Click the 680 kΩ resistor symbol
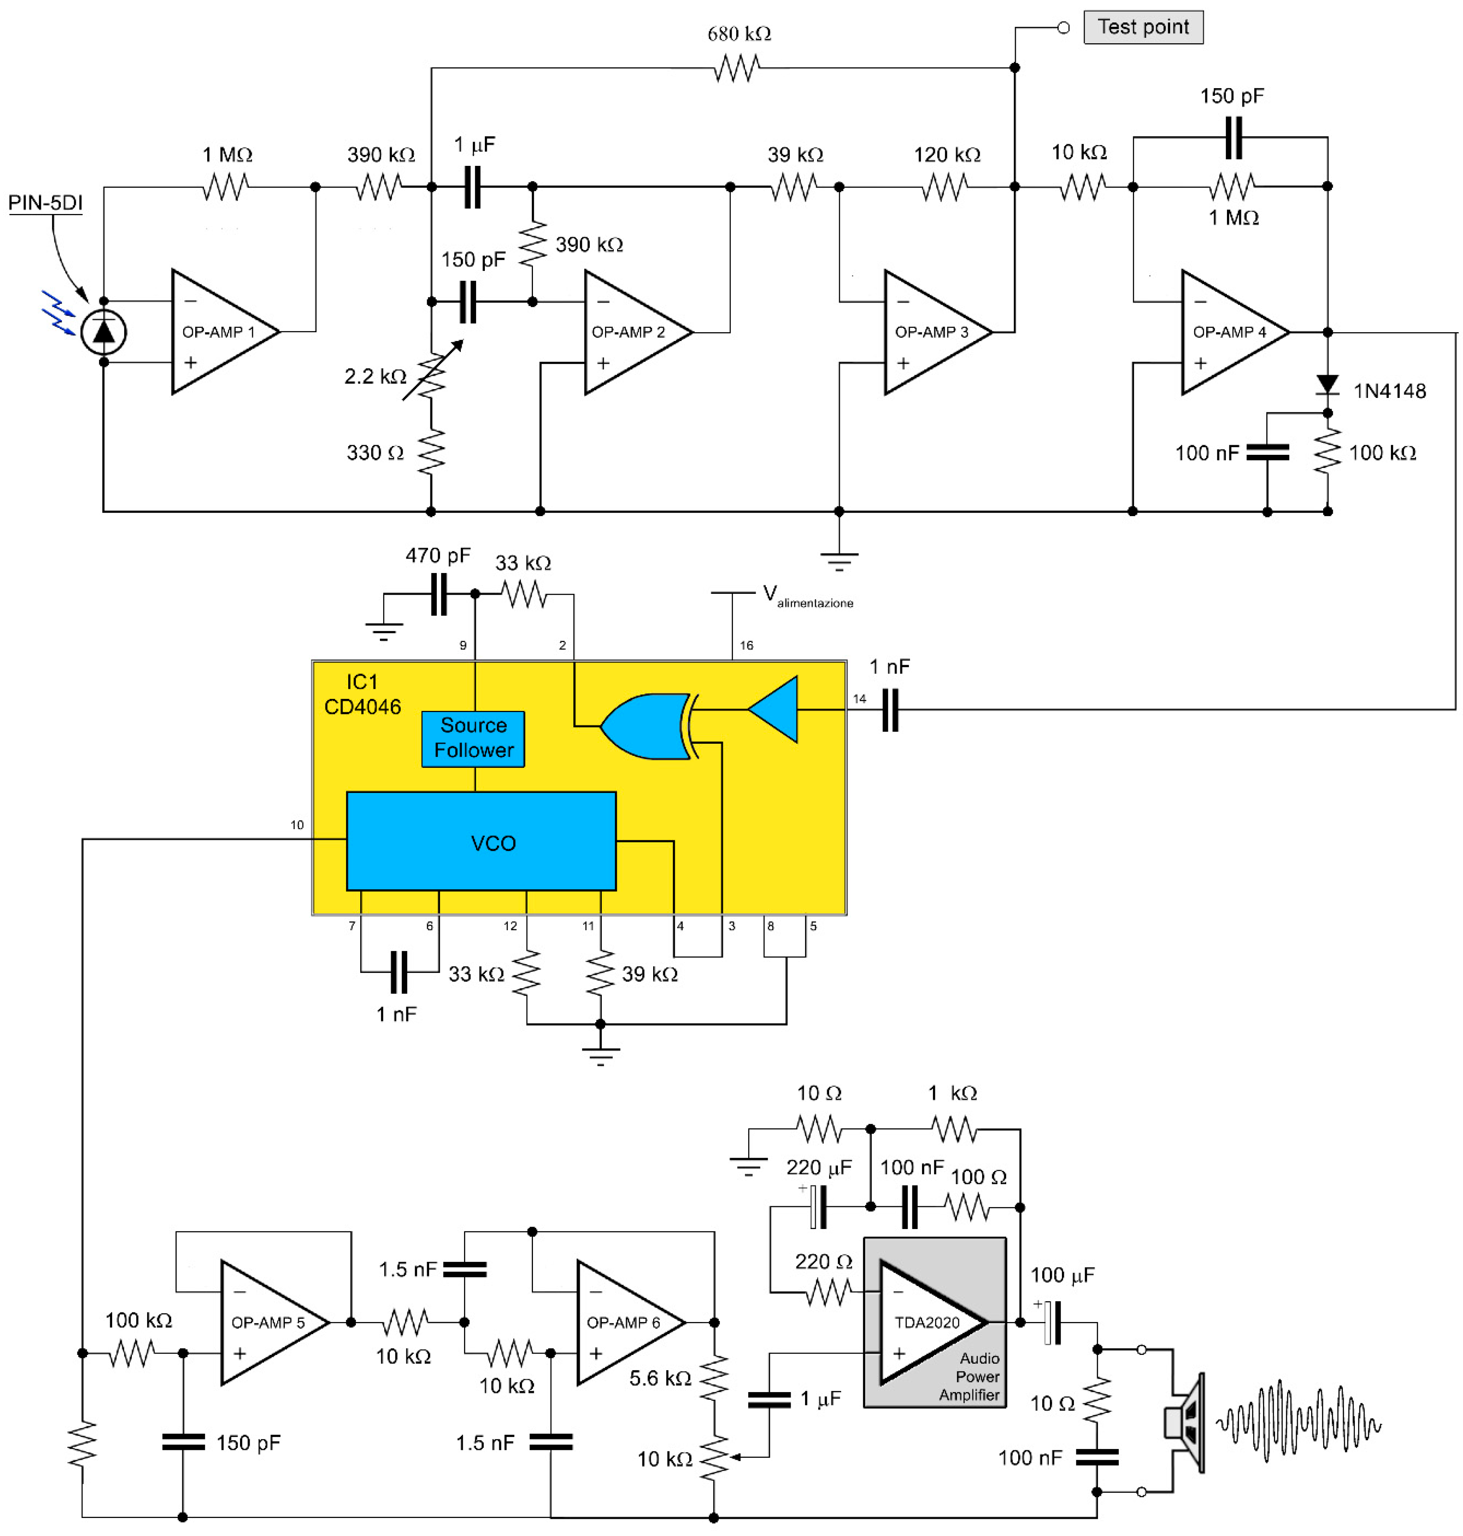coord(736,69)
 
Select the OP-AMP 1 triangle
coord(222,332)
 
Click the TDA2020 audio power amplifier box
coord(934,1322)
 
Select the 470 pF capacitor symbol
coord(439,594)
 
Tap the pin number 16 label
coord(746,646)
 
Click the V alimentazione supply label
coord(807,596)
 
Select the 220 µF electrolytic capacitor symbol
coord(818,1207)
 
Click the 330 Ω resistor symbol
coord(431,452)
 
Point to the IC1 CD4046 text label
coord(363,694)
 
